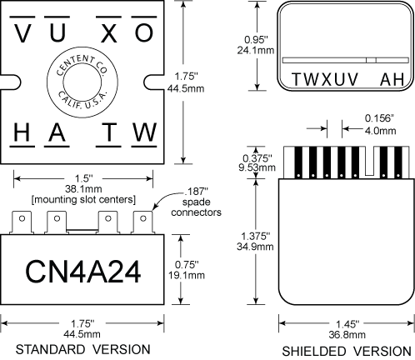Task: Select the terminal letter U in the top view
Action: pyautogui.click(x=57, y=32)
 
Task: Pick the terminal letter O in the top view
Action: pyautogui.click(x=143, y=32)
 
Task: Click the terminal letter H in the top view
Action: pyautogui.click(x=23, y=132)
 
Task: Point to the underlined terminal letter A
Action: pyautogui.click(x=57, y=132)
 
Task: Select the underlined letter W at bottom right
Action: pyautogui.click(x=143, y=132)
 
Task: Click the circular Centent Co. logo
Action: pyautogui.click(x=83, y=82)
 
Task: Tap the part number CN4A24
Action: pyautogui.click(x=83, y=271)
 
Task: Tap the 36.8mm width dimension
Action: pyautogui.click(x=344, y=333)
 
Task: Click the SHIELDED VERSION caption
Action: pyautogui.click(x=344, y=349)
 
